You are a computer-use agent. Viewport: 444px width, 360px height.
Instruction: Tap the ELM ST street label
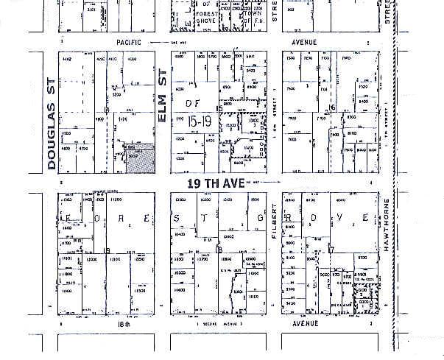click(163, 100)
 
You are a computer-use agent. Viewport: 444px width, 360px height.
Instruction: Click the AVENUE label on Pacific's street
click(304, 43)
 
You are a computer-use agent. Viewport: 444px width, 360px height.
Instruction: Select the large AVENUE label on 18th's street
click(304, 323)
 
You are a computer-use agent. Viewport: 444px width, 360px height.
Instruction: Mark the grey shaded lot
click(140, 158)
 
